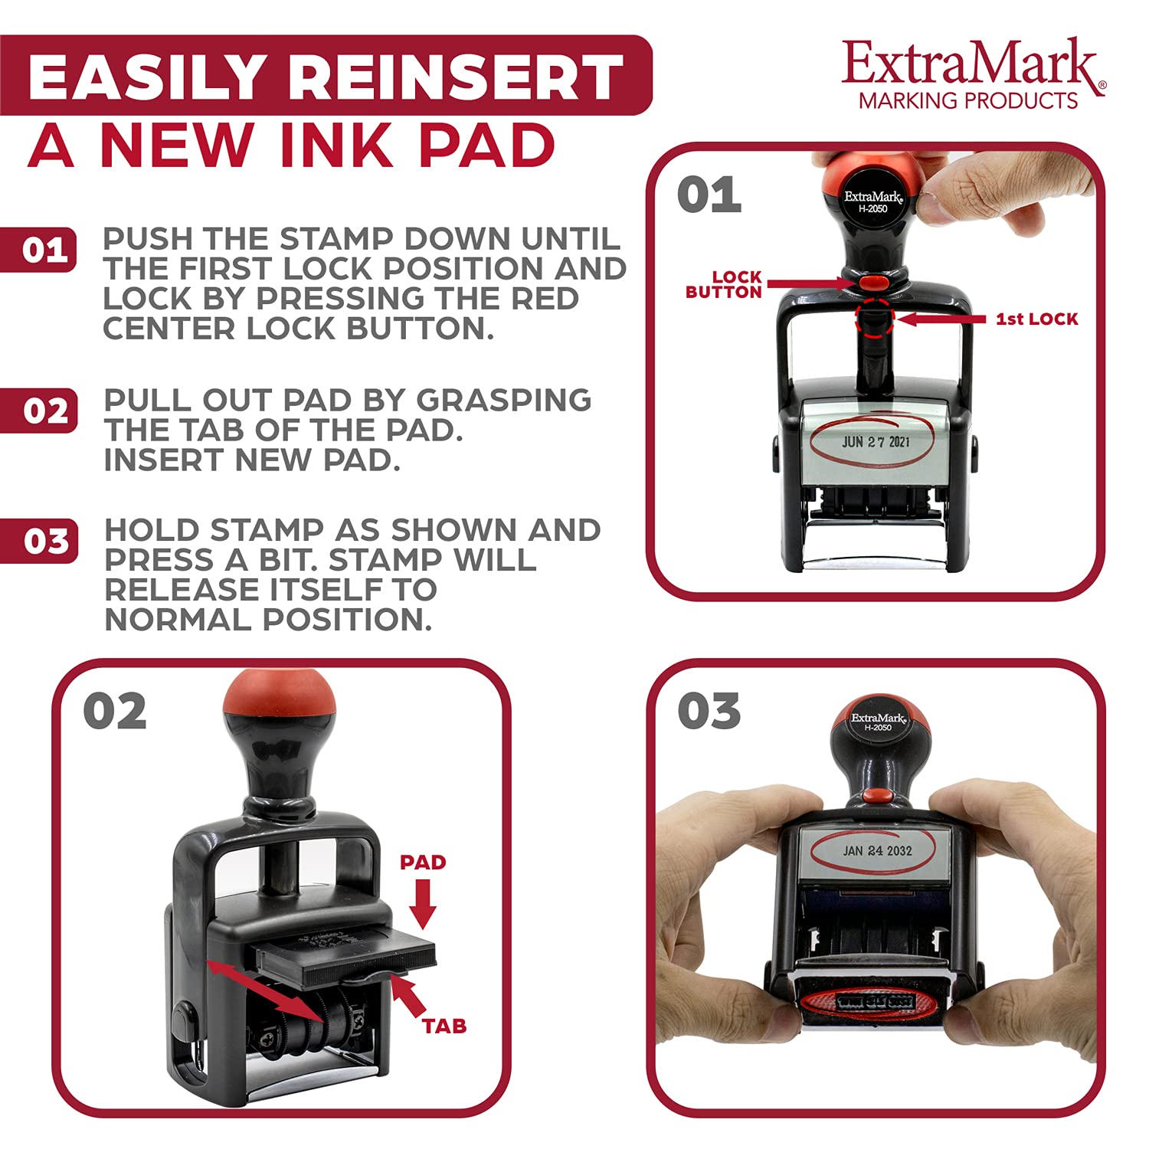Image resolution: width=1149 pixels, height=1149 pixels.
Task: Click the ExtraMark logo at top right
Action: [973, 74]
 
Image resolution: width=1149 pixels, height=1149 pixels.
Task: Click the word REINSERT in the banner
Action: [460, 77]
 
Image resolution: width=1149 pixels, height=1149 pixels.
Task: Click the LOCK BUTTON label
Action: [724, 284]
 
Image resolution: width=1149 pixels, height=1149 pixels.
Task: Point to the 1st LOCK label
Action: [1036, 319]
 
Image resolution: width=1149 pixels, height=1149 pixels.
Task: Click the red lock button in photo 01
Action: [872, 283]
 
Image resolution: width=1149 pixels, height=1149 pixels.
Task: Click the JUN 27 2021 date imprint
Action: [876, 442]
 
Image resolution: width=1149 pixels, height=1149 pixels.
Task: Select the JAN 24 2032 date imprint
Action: [877, 850]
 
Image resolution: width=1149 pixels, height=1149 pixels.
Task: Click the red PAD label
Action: [423, 863]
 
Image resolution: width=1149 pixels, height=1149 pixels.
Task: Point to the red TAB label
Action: [444, 1026]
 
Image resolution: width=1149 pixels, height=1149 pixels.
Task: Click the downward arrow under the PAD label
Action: [422, 904]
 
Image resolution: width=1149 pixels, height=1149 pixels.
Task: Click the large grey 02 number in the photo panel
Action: [115, 712]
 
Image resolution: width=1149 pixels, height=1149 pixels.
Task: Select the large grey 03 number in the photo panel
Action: [709, 712]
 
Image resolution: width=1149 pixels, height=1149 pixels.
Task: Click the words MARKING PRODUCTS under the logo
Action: [968, 100]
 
